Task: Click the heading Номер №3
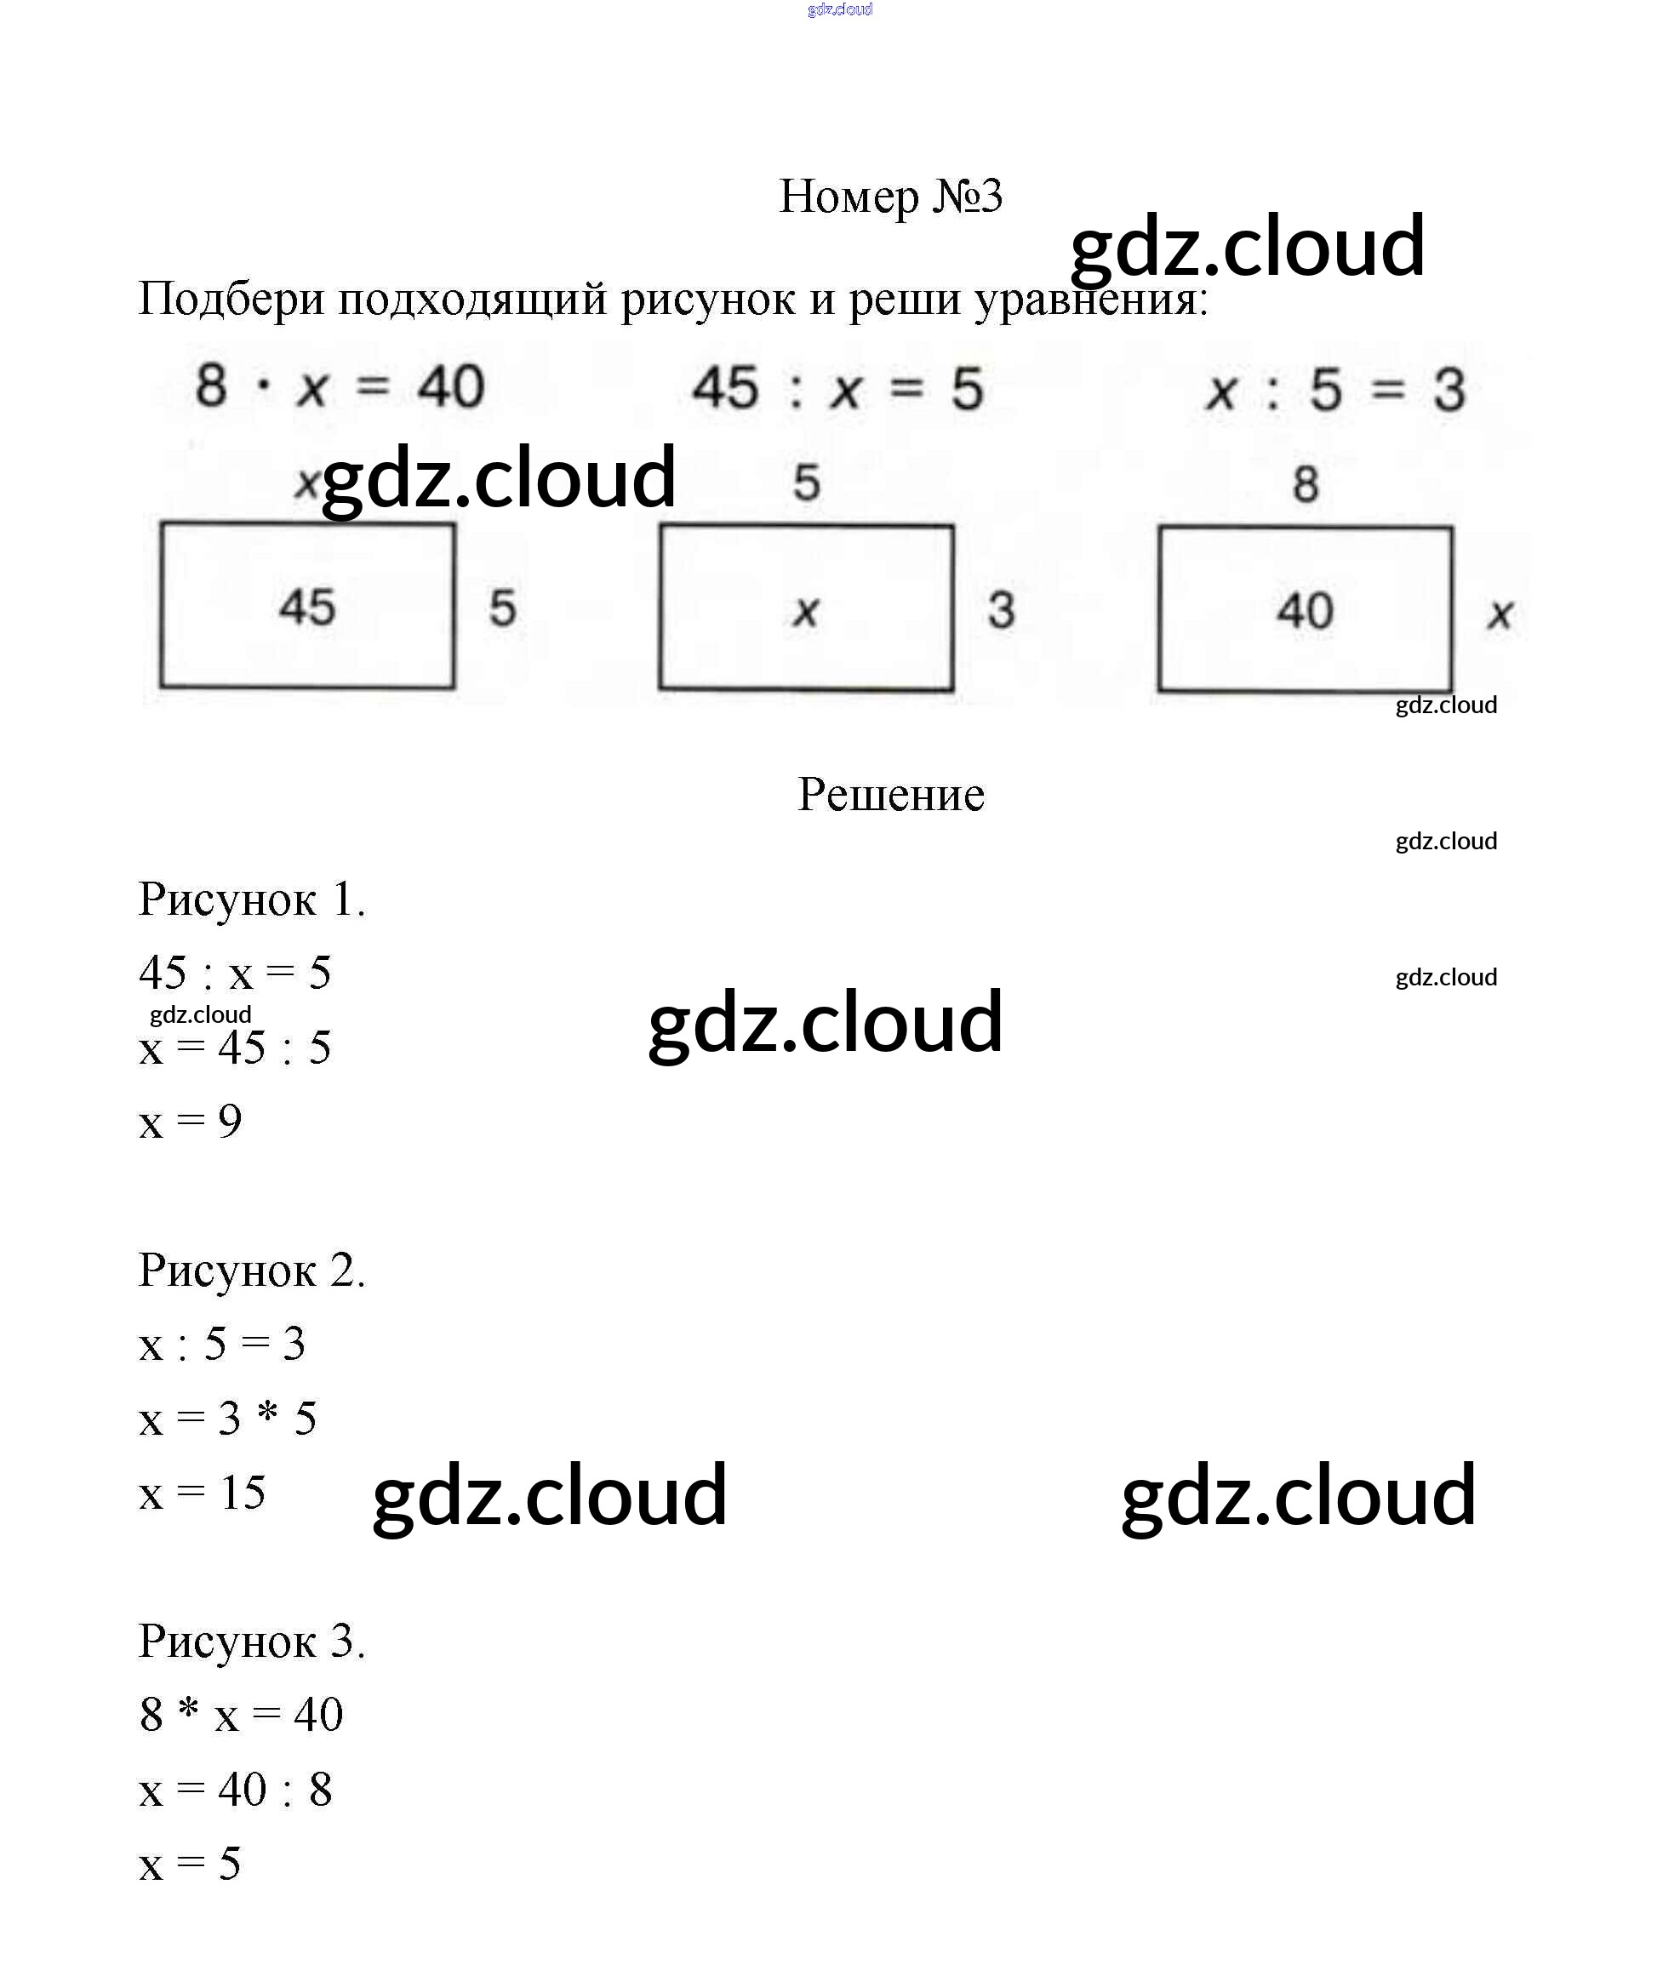coord(890,197)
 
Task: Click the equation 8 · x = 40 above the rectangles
coord(340,386)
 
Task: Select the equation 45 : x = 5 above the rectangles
coord(837,389)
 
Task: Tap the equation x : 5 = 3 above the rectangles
coord(1335,391)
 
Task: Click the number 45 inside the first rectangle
coord(306,607)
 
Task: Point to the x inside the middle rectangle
coord(806,610)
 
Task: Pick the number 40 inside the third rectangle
coord(1305,610)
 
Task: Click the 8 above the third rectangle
coord(1306,485)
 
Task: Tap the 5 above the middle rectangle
coord(807,483)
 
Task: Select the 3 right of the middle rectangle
coord(1001,610)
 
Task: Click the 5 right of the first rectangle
coord(502,608)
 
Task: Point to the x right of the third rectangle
coord(1500,614)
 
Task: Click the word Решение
coord(890,794)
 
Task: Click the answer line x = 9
coord(191,1122)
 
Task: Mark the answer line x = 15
coord(202,1493)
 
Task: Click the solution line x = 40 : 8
coord(235,1790)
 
